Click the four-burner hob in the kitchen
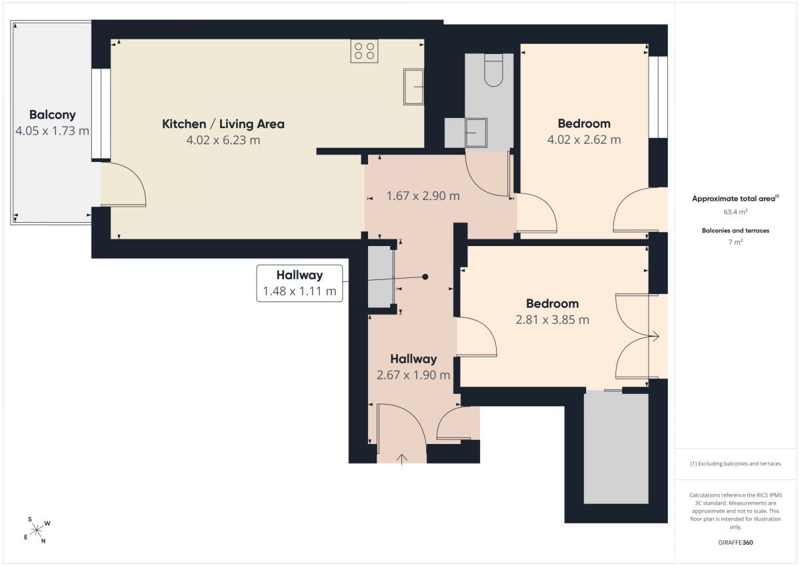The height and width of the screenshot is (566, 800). point(364,51)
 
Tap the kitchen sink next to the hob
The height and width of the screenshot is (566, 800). point(413,87)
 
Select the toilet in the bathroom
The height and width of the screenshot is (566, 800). point(493,70)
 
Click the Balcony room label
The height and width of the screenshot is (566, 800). point(53,115)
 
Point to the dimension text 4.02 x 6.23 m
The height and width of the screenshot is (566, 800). point(223,140)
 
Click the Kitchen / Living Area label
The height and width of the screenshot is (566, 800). point(223,124)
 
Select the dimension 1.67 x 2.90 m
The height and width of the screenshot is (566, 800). point(423,196)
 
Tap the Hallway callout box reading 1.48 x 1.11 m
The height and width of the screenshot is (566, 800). point(299,283)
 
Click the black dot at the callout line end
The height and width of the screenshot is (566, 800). point(425,277)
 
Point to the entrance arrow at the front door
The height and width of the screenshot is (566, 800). point(402,459)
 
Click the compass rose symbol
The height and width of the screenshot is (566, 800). point(37,530)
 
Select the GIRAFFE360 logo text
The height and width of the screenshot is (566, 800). point(735,543)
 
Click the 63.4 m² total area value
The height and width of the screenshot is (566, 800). point(735,212)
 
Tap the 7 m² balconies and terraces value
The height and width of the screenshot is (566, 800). point(735,242)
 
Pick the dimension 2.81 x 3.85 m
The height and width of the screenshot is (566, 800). point(552,319)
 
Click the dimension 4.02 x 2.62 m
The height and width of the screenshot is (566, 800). point(584,139)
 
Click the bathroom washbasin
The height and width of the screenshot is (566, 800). point(476,133)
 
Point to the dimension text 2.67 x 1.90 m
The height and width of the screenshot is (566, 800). point(413,375)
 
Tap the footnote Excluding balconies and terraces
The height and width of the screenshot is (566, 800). point(735,463)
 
